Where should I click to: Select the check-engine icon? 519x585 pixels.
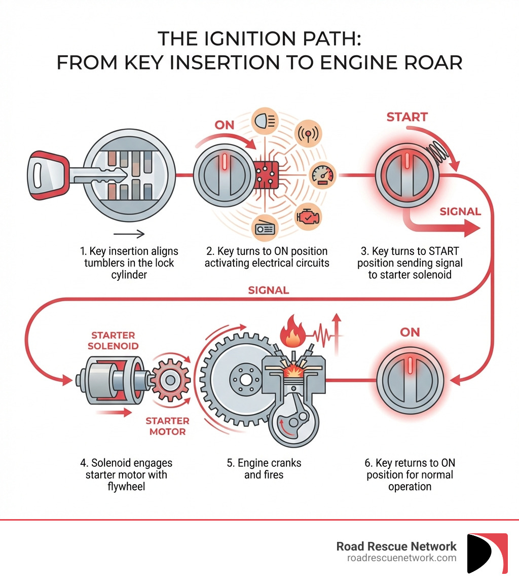click(x=310, y=215)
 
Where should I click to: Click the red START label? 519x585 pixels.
click(x=407, y=117)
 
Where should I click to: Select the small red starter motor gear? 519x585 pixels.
click(x=171, y=379)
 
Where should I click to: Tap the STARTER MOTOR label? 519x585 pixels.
click(x=167, y=426)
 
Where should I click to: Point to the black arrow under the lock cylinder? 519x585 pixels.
click(x=129, y=234)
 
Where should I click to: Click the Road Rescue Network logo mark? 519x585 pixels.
click(x=487, y=553)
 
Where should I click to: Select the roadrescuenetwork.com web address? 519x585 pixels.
click(x=401, y=558)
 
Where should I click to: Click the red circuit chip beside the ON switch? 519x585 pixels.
click(x=267, y=176)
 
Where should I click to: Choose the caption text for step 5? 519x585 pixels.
click(x=264, y=469)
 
